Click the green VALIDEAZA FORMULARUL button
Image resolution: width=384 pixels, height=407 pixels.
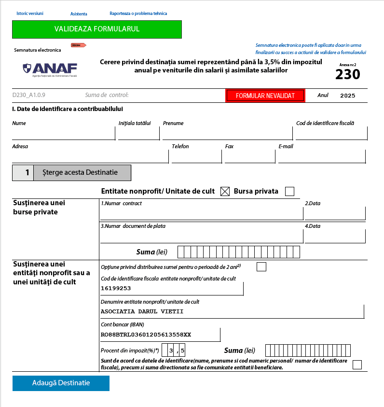tap(97, 29)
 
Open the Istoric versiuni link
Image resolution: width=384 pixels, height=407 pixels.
tap(30, 14)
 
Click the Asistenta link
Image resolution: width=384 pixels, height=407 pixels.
tap(79, 14)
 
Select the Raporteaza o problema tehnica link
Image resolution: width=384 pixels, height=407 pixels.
tap(138, 14)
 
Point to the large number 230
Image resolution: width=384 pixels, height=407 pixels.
tap(348, 74)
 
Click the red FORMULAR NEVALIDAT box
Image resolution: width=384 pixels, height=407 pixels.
tap(265, 96)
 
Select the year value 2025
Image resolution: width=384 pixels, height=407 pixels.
tap(347, 96)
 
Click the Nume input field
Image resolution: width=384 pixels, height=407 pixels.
tap(63, 134)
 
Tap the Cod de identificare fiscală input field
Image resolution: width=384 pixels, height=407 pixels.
tap(331, 134)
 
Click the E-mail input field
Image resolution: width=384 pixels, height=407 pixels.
tap(321, 157)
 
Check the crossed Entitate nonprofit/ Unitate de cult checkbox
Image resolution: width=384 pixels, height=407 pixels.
tap(225, 192)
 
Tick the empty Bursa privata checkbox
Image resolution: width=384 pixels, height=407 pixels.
tap(289, 192)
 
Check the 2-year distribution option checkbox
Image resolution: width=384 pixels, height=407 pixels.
tap(261, 267)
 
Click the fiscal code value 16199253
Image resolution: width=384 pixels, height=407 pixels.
tap(116, 288)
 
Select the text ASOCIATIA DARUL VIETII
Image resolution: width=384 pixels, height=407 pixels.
tap(142, 311)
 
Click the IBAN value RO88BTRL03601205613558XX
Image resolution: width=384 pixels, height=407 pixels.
tap(146, 335)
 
